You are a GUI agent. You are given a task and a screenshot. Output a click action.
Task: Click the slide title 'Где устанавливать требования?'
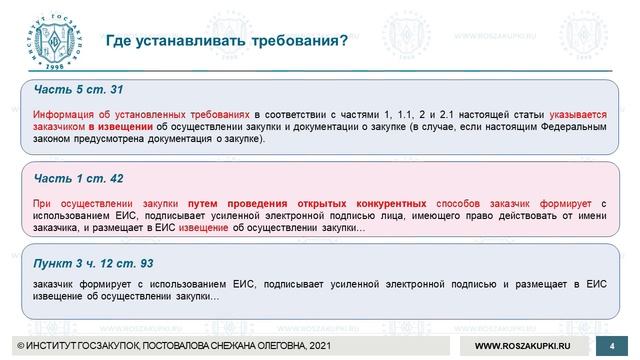(x=227, y=41)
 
